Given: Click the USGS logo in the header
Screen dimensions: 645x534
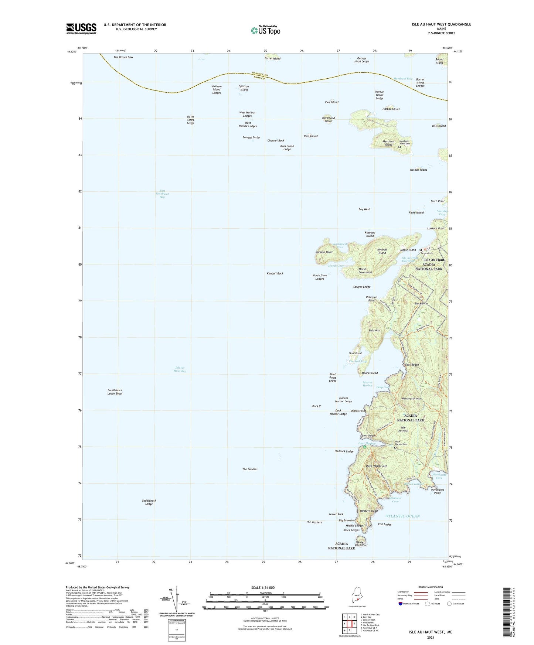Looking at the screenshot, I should [x=81, y=28].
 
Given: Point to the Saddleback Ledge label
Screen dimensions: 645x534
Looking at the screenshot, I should [x=149, y=502].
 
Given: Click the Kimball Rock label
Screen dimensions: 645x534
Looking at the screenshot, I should [x=275, y=273].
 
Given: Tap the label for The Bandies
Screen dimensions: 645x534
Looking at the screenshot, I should [x=250, y=469].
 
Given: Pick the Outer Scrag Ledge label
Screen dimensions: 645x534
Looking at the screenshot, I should [x=190, y=120].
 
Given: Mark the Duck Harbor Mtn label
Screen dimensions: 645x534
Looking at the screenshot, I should [x=376, y=466].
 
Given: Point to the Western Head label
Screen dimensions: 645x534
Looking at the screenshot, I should [x=368, y=511].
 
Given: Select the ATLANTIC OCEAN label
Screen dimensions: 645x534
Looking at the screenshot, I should [x=402, y=516].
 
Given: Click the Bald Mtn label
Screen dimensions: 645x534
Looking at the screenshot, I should [x=374, y=331].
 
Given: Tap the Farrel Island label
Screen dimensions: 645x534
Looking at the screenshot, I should [x=272, y=58].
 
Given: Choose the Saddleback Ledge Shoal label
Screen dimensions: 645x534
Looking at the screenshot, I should [x=115, y=392].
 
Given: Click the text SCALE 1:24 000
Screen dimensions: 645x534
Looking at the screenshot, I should [x=265, y=587].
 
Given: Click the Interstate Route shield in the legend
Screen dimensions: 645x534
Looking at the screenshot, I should [x=401, y=604].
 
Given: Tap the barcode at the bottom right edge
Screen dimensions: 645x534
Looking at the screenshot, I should [x=510, y=613].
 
